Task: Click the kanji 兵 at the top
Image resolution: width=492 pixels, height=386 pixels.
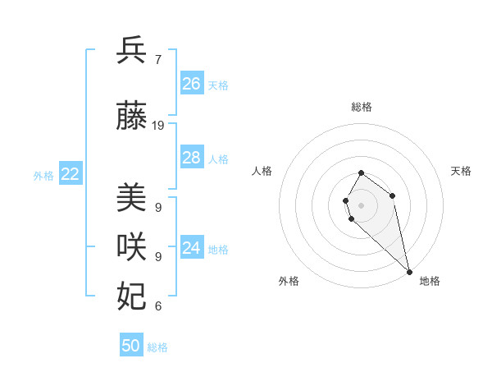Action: click(x=132, y=50)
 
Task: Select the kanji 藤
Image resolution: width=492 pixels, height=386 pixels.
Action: click(x=132, y=117)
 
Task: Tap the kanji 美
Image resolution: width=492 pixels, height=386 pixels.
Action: click(x=132, y=198)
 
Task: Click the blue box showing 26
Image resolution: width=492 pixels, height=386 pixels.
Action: click(x=191, y=84)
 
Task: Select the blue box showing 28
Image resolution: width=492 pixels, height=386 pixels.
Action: click(x=191, y=158)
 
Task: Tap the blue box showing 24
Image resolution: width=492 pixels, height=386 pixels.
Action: click(x=191, y=248)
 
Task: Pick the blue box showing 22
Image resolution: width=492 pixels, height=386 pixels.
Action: click(x=70, y=174)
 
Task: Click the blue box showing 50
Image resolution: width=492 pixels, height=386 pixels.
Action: click(x=131, y=346)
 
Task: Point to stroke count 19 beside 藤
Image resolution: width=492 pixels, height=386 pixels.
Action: click(x=158, y=126)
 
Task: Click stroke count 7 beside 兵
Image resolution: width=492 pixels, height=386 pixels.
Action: click(x=157, y=59)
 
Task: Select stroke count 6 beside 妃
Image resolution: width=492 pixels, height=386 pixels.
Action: click(x=157, y=306)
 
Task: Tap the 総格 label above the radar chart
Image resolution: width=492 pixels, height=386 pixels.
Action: click(x=362, y=107)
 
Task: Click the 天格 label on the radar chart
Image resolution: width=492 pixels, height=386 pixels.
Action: click(x=461, y=171)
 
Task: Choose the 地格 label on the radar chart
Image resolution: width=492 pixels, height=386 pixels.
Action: click(x=430, y=281)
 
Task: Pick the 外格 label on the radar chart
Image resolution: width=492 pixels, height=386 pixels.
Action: click(x=289, y=281)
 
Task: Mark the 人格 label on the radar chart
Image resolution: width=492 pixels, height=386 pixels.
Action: click(x=262, y=171)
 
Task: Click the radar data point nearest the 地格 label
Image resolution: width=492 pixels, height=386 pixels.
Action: click(x=409, y=271)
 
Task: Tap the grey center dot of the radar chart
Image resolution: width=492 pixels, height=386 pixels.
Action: click(x=362, y=205)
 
